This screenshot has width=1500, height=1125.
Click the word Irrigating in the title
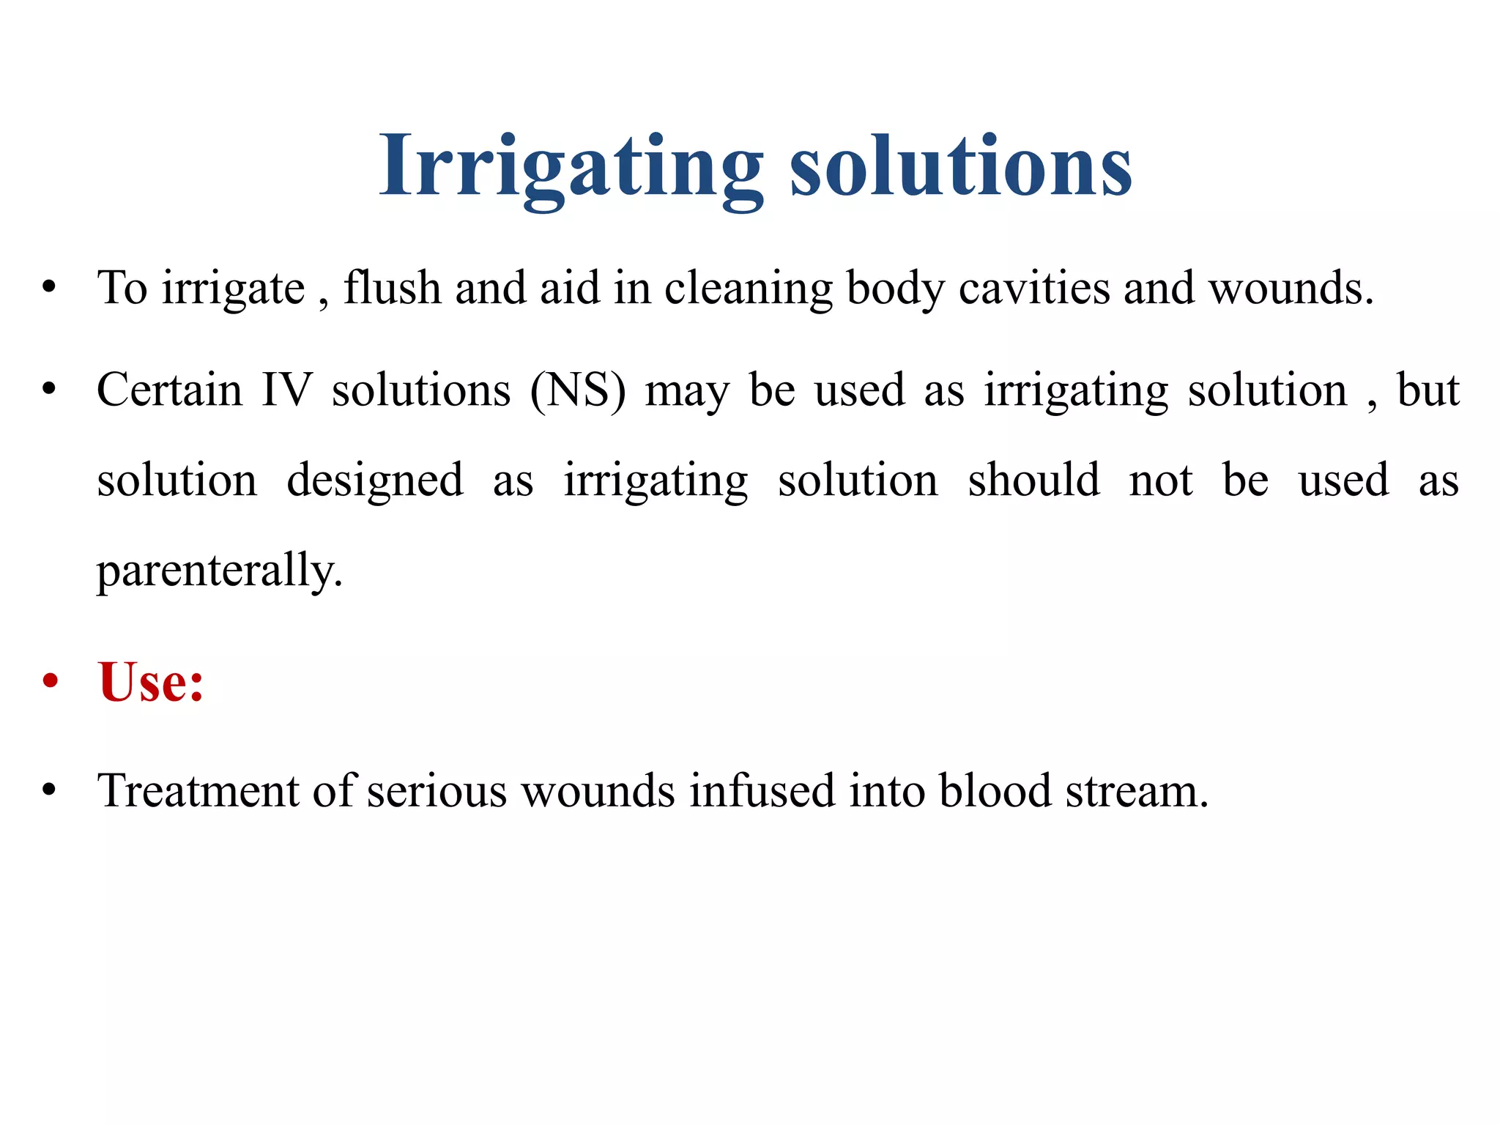pyautogui.click(x=570, y=167)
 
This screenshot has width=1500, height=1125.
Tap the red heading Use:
pyautogui.click(x=151, y=682)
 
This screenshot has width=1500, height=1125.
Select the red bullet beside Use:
pyautogui.click(x=50, y=682)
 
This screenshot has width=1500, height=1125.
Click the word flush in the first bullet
pyautogui.click(x=392, y=287)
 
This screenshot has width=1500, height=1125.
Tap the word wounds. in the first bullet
pyautogui.click(x=1291, y=287)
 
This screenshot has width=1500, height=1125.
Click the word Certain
pyautogui.click(x=169, y=390)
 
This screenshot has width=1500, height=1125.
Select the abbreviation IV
pyautogui.click(x=287, y=390)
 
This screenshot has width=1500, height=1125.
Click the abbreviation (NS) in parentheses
pyautogui.click(x=578, y=390)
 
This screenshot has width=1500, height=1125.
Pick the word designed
pyautogui.click(x=374, y=481)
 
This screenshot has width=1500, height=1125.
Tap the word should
pyautogui.click(x=1033, y=480)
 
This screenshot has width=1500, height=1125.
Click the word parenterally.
pyautogui.click(x=220, y=571)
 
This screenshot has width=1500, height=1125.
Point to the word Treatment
pyautogui.click(x=198, y=791)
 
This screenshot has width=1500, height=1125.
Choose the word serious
pyautogui.click(x=437, y=791)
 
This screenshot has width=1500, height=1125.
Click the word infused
pyautogui.click(x=762, y=791)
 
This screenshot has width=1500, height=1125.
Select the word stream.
pyautogui.click(x=1137, y=791)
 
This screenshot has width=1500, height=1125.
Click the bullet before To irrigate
pyautogui.click(x=49, y=287)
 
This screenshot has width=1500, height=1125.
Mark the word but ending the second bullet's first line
pyautogui.click(x=1428, y=390)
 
